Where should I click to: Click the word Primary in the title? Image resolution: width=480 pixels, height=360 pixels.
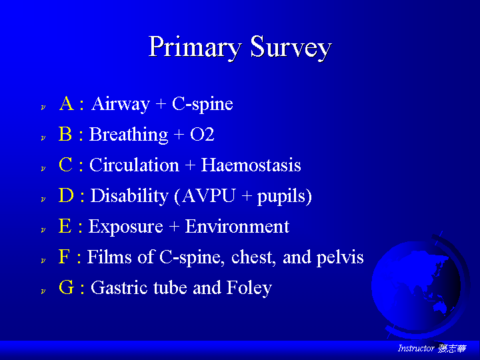195,47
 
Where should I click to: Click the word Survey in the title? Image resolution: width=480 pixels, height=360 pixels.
291,47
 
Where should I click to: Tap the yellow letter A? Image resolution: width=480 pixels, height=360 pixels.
67,103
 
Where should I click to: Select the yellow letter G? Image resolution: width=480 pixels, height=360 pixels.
67,287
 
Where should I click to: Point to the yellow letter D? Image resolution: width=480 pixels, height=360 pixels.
66,195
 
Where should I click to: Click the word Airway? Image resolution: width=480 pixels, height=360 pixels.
121,104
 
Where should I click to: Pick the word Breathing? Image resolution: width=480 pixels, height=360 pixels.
129,135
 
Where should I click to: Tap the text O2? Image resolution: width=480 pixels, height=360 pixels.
202,135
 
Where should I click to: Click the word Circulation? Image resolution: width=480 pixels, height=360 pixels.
134,165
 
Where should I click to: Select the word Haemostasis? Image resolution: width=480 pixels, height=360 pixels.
251,165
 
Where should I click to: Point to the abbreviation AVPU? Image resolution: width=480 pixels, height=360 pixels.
209,195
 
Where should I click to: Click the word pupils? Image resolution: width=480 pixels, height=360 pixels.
281,197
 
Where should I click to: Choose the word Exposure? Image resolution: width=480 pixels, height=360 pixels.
126,227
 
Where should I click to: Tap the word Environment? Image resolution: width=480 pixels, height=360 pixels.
237,226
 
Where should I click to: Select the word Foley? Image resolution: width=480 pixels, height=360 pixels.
249,288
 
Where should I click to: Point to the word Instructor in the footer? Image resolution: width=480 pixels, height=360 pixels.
416,348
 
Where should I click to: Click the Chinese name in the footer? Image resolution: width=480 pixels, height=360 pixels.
452,348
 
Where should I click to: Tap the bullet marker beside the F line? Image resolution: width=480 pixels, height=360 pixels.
43,260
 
